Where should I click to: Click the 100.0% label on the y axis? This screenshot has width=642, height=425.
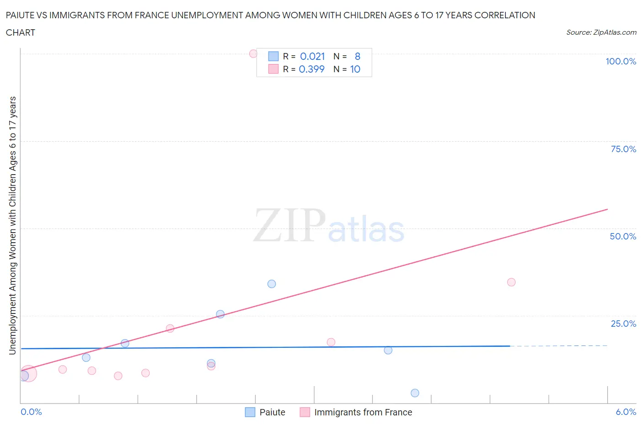click(x=621, y=61)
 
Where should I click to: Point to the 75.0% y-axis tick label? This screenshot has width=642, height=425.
click(x=623, y=149)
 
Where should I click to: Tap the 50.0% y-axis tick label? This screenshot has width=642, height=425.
click(x=623, y=236)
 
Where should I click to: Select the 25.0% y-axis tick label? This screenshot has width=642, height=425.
click(x=623, y=324)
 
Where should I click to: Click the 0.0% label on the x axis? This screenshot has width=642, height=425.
click(x=31, y=412)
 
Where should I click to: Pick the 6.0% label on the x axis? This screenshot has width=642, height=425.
click(x=626, y=412)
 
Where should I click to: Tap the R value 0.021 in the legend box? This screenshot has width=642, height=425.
click(x=312, y=56)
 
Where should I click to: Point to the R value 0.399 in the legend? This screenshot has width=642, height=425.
click(x=311, y=69)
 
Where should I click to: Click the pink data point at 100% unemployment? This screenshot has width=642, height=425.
click(x=253, y=53)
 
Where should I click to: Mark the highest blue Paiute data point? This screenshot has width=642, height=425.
click(x=272, y=284)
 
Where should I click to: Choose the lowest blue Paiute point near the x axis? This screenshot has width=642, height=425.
click(x=415, y=393)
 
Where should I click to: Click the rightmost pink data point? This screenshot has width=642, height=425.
click(x=511, y=282)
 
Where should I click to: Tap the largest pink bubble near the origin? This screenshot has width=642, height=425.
click(x=28, y=373)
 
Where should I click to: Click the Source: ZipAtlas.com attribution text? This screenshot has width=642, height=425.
click(x=601, y=32)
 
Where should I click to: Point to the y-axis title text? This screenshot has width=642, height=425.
click(x=12, y=225)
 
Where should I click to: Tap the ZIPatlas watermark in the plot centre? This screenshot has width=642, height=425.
click(x=329, y=225)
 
